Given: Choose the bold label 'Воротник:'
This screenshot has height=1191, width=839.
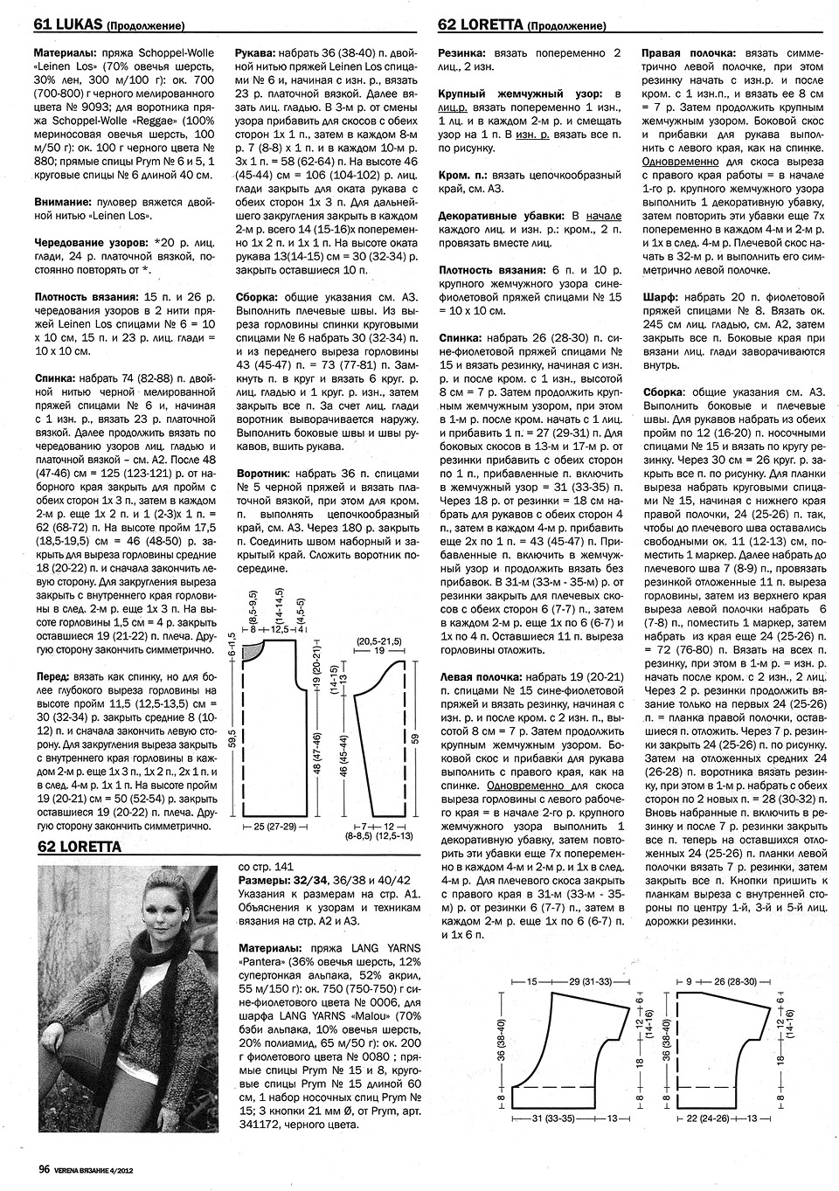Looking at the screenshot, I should tap(266, 474).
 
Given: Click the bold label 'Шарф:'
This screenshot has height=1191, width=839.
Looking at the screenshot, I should tap(660, 296).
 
